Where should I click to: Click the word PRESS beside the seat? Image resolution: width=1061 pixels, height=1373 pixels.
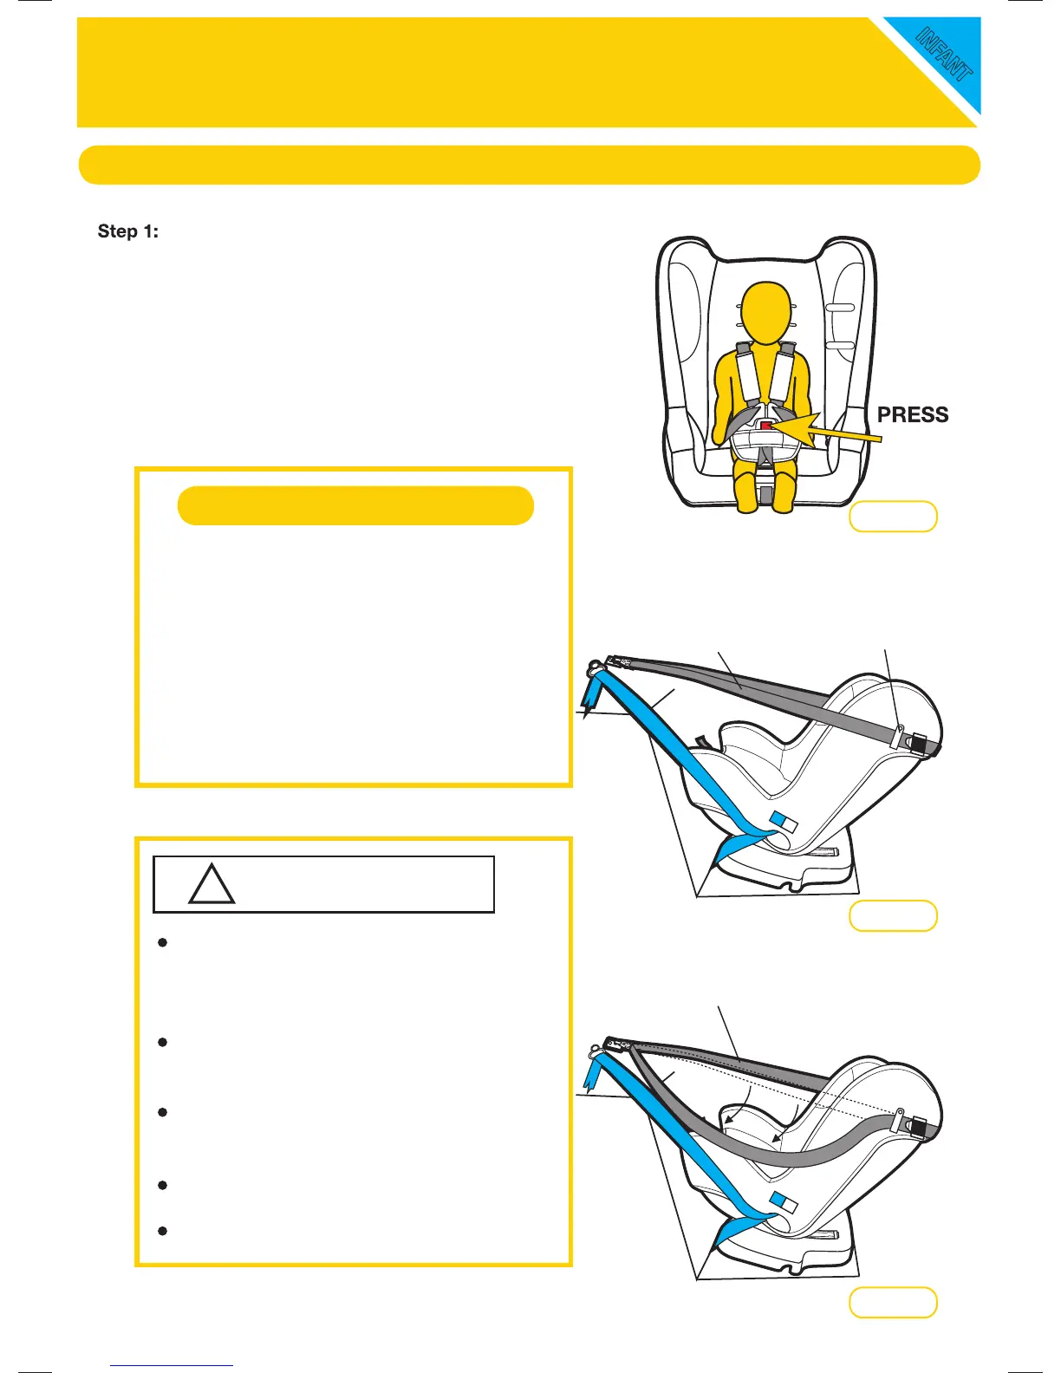913,414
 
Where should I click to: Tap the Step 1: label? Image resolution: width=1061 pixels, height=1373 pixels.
128,231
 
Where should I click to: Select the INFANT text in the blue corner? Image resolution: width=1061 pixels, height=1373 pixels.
945,54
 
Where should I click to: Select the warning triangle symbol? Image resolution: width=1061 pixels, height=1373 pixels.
212,886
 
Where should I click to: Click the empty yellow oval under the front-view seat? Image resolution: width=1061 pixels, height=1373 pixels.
893,517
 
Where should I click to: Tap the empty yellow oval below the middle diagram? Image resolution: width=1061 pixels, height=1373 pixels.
893,915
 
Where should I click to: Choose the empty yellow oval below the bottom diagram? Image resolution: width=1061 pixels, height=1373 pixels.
893,1303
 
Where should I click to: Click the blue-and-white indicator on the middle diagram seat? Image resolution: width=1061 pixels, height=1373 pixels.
784,821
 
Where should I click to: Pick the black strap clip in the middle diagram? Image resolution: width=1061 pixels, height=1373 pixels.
917,744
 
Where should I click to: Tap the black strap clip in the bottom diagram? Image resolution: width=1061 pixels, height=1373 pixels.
917,1126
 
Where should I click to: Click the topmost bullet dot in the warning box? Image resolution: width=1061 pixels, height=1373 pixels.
162,942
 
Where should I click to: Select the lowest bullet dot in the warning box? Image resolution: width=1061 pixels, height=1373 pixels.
162,1231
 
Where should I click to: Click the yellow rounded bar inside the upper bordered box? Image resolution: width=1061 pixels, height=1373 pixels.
355,505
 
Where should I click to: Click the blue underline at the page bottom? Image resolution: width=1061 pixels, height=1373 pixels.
172,1365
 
